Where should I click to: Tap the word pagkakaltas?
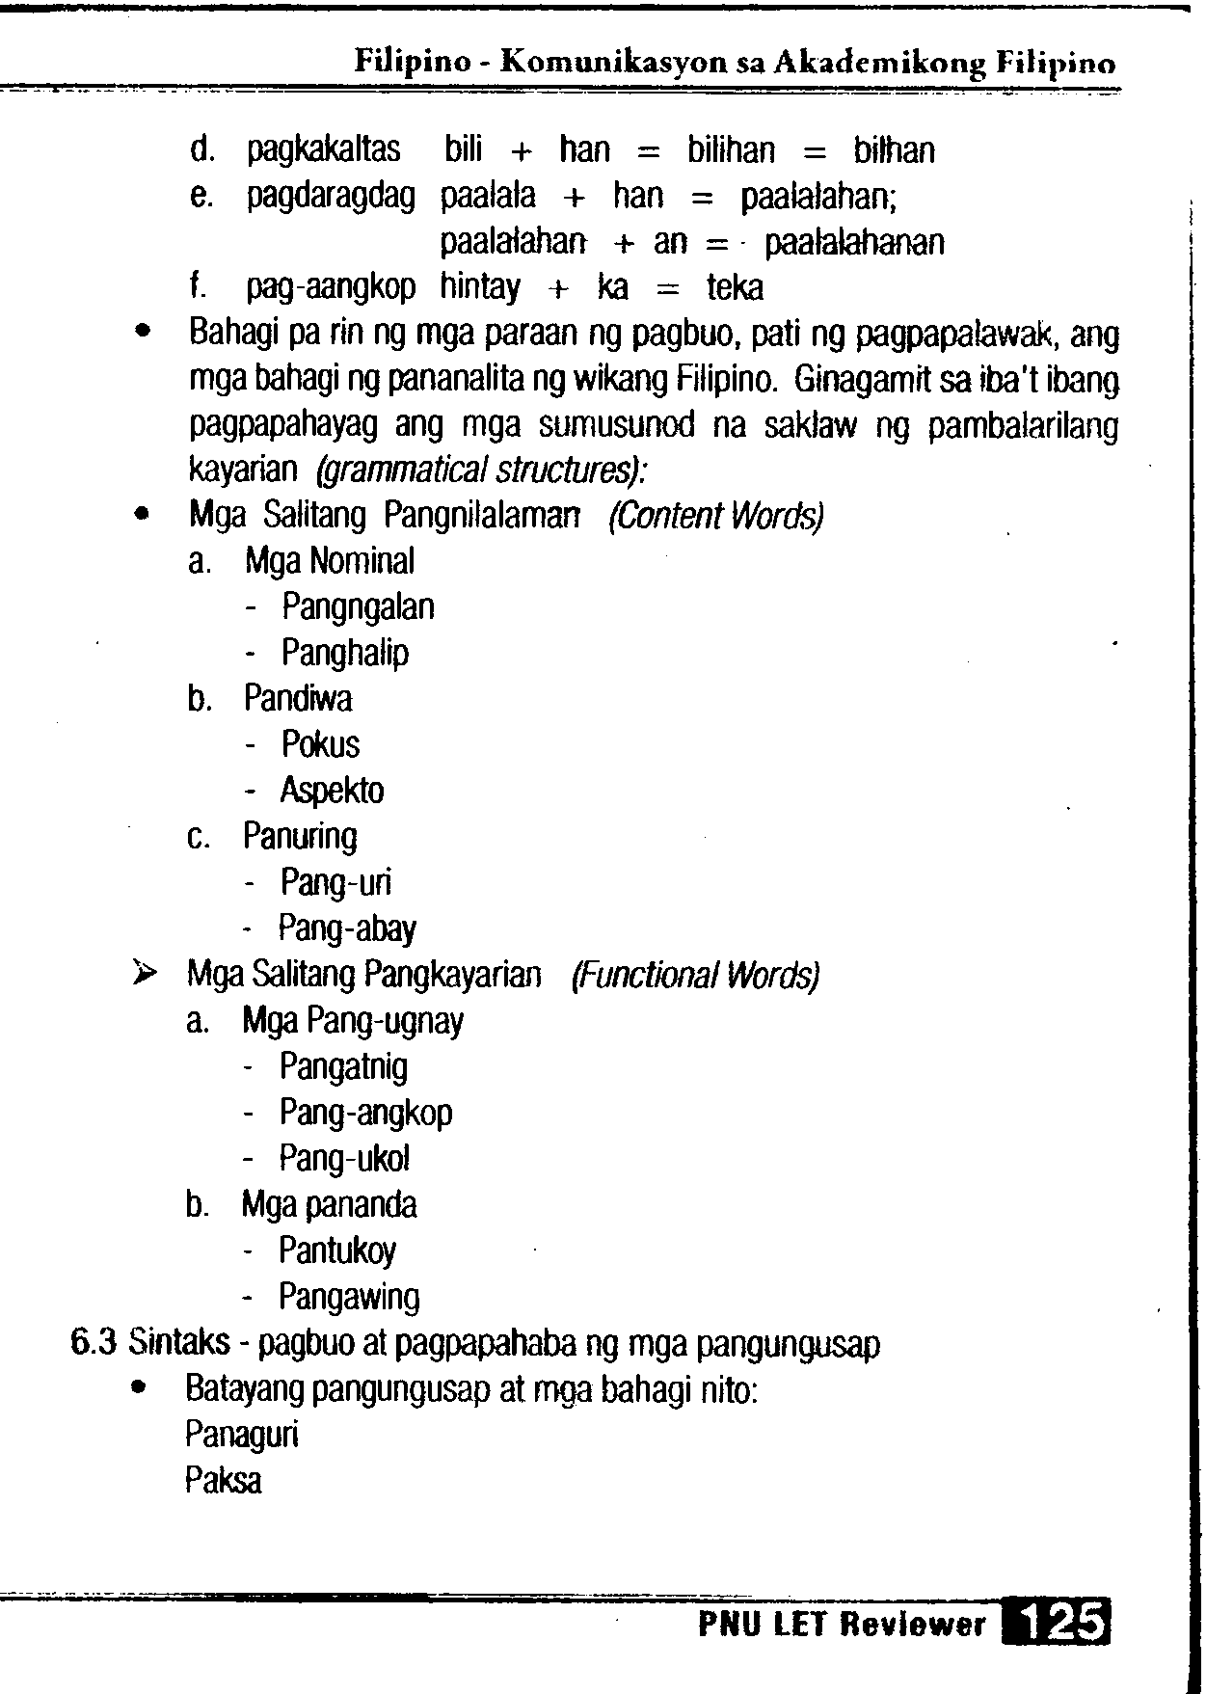click(323, 150)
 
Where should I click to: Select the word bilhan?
click(894, 150)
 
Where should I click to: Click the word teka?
click(735, 287)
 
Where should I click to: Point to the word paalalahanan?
click(854, 242)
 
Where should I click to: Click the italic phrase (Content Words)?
click(715, 516)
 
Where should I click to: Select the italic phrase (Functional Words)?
click(695, 975)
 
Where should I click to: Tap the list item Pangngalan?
click(358, 607)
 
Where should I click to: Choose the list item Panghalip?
click(345, 653)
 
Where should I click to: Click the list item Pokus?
click(320, 744)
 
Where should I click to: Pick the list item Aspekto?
click(332, 791)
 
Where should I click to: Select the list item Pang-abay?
click(347, 928)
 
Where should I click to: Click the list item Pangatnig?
click(343, 1066)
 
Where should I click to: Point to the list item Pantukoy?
click(337, 1250)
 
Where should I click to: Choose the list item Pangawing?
click(349, 1297)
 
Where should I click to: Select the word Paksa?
click(223, 1480)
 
